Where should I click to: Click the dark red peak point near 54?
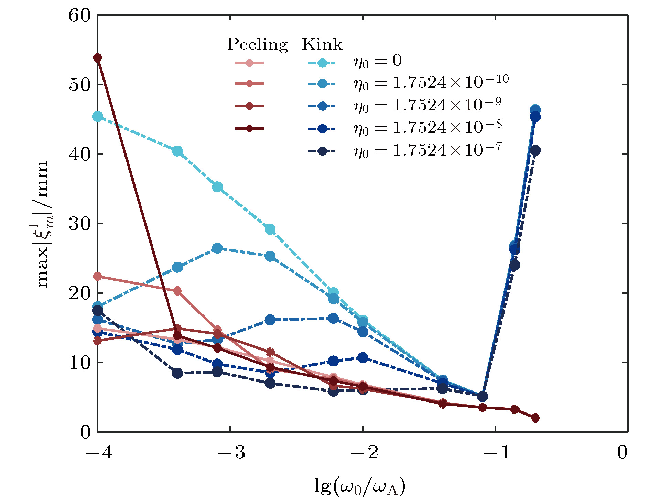[x=98, y=58]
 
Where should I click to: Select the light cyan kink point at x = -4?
[x=98, y=117]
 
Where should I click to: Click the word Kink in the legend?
[x=322, y=44]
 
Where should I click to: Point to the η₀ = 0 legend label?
[x=378, y=61]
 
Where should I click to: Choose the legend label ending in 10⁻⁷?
[x=428, y=150]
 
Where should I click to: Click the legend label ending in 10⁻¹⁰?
[x=431, y=83]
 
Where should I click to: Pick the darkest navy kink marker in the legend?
[x=322, y=151]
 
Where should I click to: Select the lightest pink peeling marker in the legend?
[x=250, y=63]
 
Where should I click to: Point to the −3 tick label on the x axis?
[x=231, y=452]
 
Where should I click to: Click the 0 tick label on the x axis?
[x=622, y=452]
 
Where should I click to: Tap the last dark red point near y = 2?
[x=535, y=418]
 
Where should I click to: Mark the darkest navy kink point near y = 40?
[x=535, y=150]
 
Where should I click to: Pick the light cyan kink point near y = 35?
[x=217, y=187]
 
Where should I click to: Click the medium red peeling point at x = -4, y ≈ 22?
[x=98, y=276]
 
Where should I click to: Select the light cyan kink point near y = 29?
[x=270, y=229]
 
